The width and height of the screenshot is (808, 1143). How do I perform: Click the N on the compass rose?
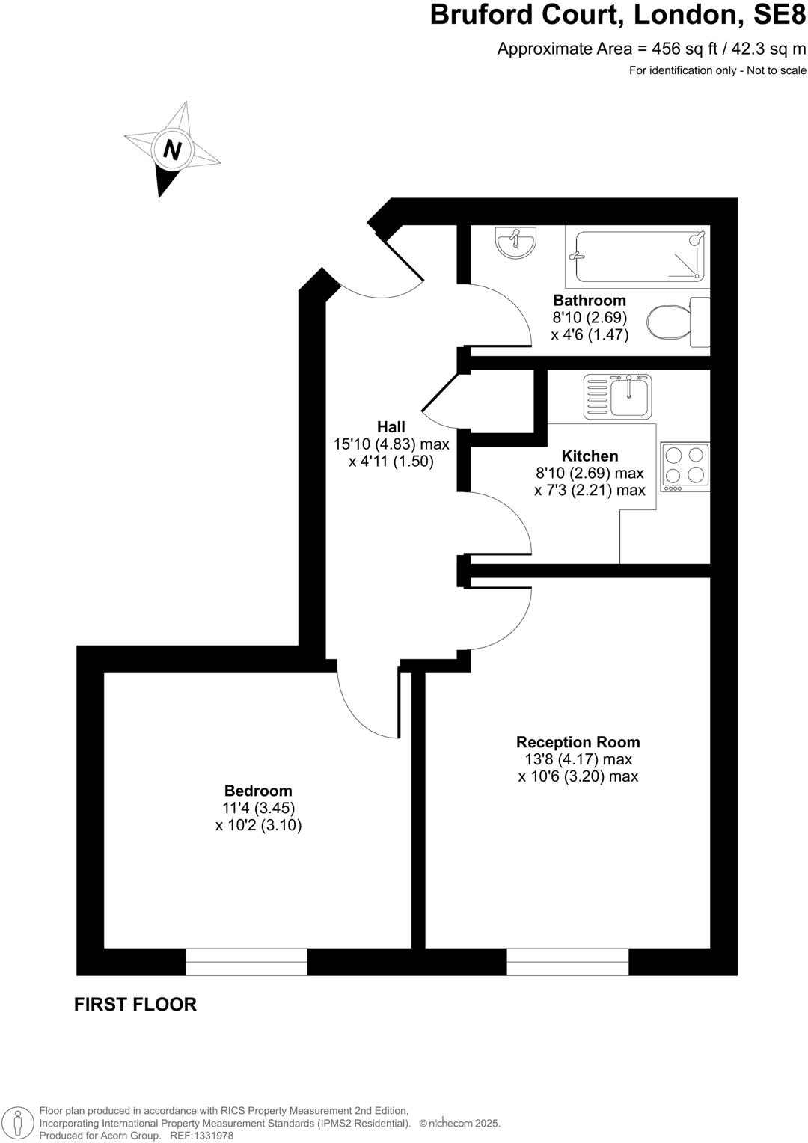pyautogui.click(x=173, y=150)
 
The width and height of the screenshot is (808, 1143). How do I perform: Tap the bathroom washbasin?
pyautogui.click(x=515, y=242)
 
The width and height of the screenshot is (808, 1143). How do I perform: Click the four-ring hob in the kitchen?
pyautogui.click(x=685, y=467)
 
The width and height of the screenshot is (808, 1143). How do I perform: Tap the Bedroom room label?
pyautogui.click(x=258, y=791)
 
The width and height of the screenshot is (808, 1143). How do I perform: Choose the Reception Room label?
pyautogui.click(x=578, y=742)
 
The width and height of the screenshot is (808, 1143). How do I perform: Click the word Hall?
pyautogui.click(x=391, y=427)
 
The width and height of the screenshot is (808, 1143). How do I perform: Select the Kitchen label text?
pyautogui.click(x=590, y=456)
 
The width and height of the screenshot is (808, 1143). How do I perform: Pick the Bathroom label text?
pyautogui.click(x=590, y=301)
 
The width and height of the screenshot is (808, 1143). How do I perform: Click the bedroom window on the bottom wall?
pyautogui.click(x=246, y=961)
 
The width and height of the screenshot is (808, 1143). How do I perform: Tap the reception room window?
pyautogui.click(x=567, y=961)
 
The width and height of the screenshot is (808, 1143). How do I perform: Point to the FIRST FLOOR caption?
pyautogui.click(x=135, y=1004)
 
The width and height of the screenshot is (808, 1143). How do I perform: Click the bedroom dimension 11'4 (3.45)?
pyautogui.click(x=258, y=808)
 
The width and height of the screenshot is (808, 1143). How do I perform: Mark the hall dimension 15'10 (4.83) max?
pyautogui.click(x=391, y=444)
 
